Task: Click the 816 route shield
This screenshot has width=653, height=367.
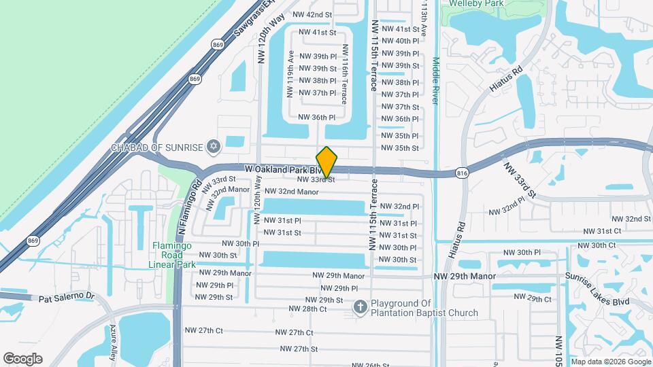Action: click(x=463, y=174)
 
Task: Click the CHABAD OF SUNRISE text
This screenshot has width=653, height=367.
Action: click(x=158, y=147)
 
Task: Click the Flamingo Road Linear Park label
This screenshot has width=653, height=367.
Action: click(x=173, y=255)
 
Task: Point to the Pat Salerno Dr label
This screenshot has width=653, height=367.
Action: click(x=67, y=298)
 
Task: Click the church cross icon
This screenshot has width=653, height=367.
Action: click(x=361, y=308)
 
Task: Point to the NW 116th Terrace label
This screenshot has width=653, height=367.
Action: click(x=345, y=74)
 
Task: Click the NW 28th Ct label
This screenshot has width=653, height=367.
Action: click(x=308, y=309)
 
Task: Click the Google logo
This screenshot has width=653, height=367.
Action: click(x=22, y=358)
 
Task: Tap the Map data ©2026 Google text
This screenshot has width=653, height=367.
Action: click(x=610, y=362)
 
